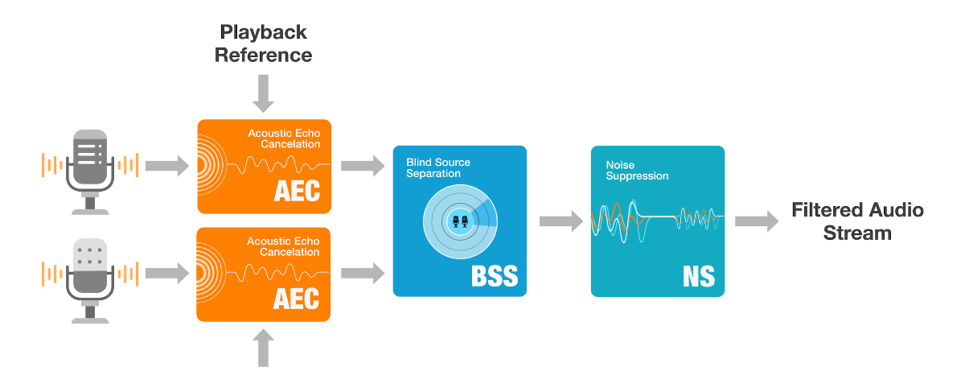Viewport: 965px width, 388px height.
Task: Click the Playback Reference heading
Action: click(x=265, y=44)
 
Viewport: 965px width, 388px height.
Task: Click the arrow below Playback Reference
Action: click(x=263, y=95)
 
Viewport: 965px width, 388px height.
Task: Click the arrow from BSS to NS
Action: click(x=561, y=221)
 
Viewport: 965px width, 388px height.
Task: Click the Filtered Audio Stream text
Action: click(x=858, y=221)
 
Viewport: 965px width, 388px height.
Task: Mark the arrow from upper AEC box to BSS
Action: click(x=363, y=167)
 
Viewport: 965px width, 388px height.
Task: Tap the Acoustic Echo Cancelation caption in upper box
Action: click(x=283, y=138)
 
